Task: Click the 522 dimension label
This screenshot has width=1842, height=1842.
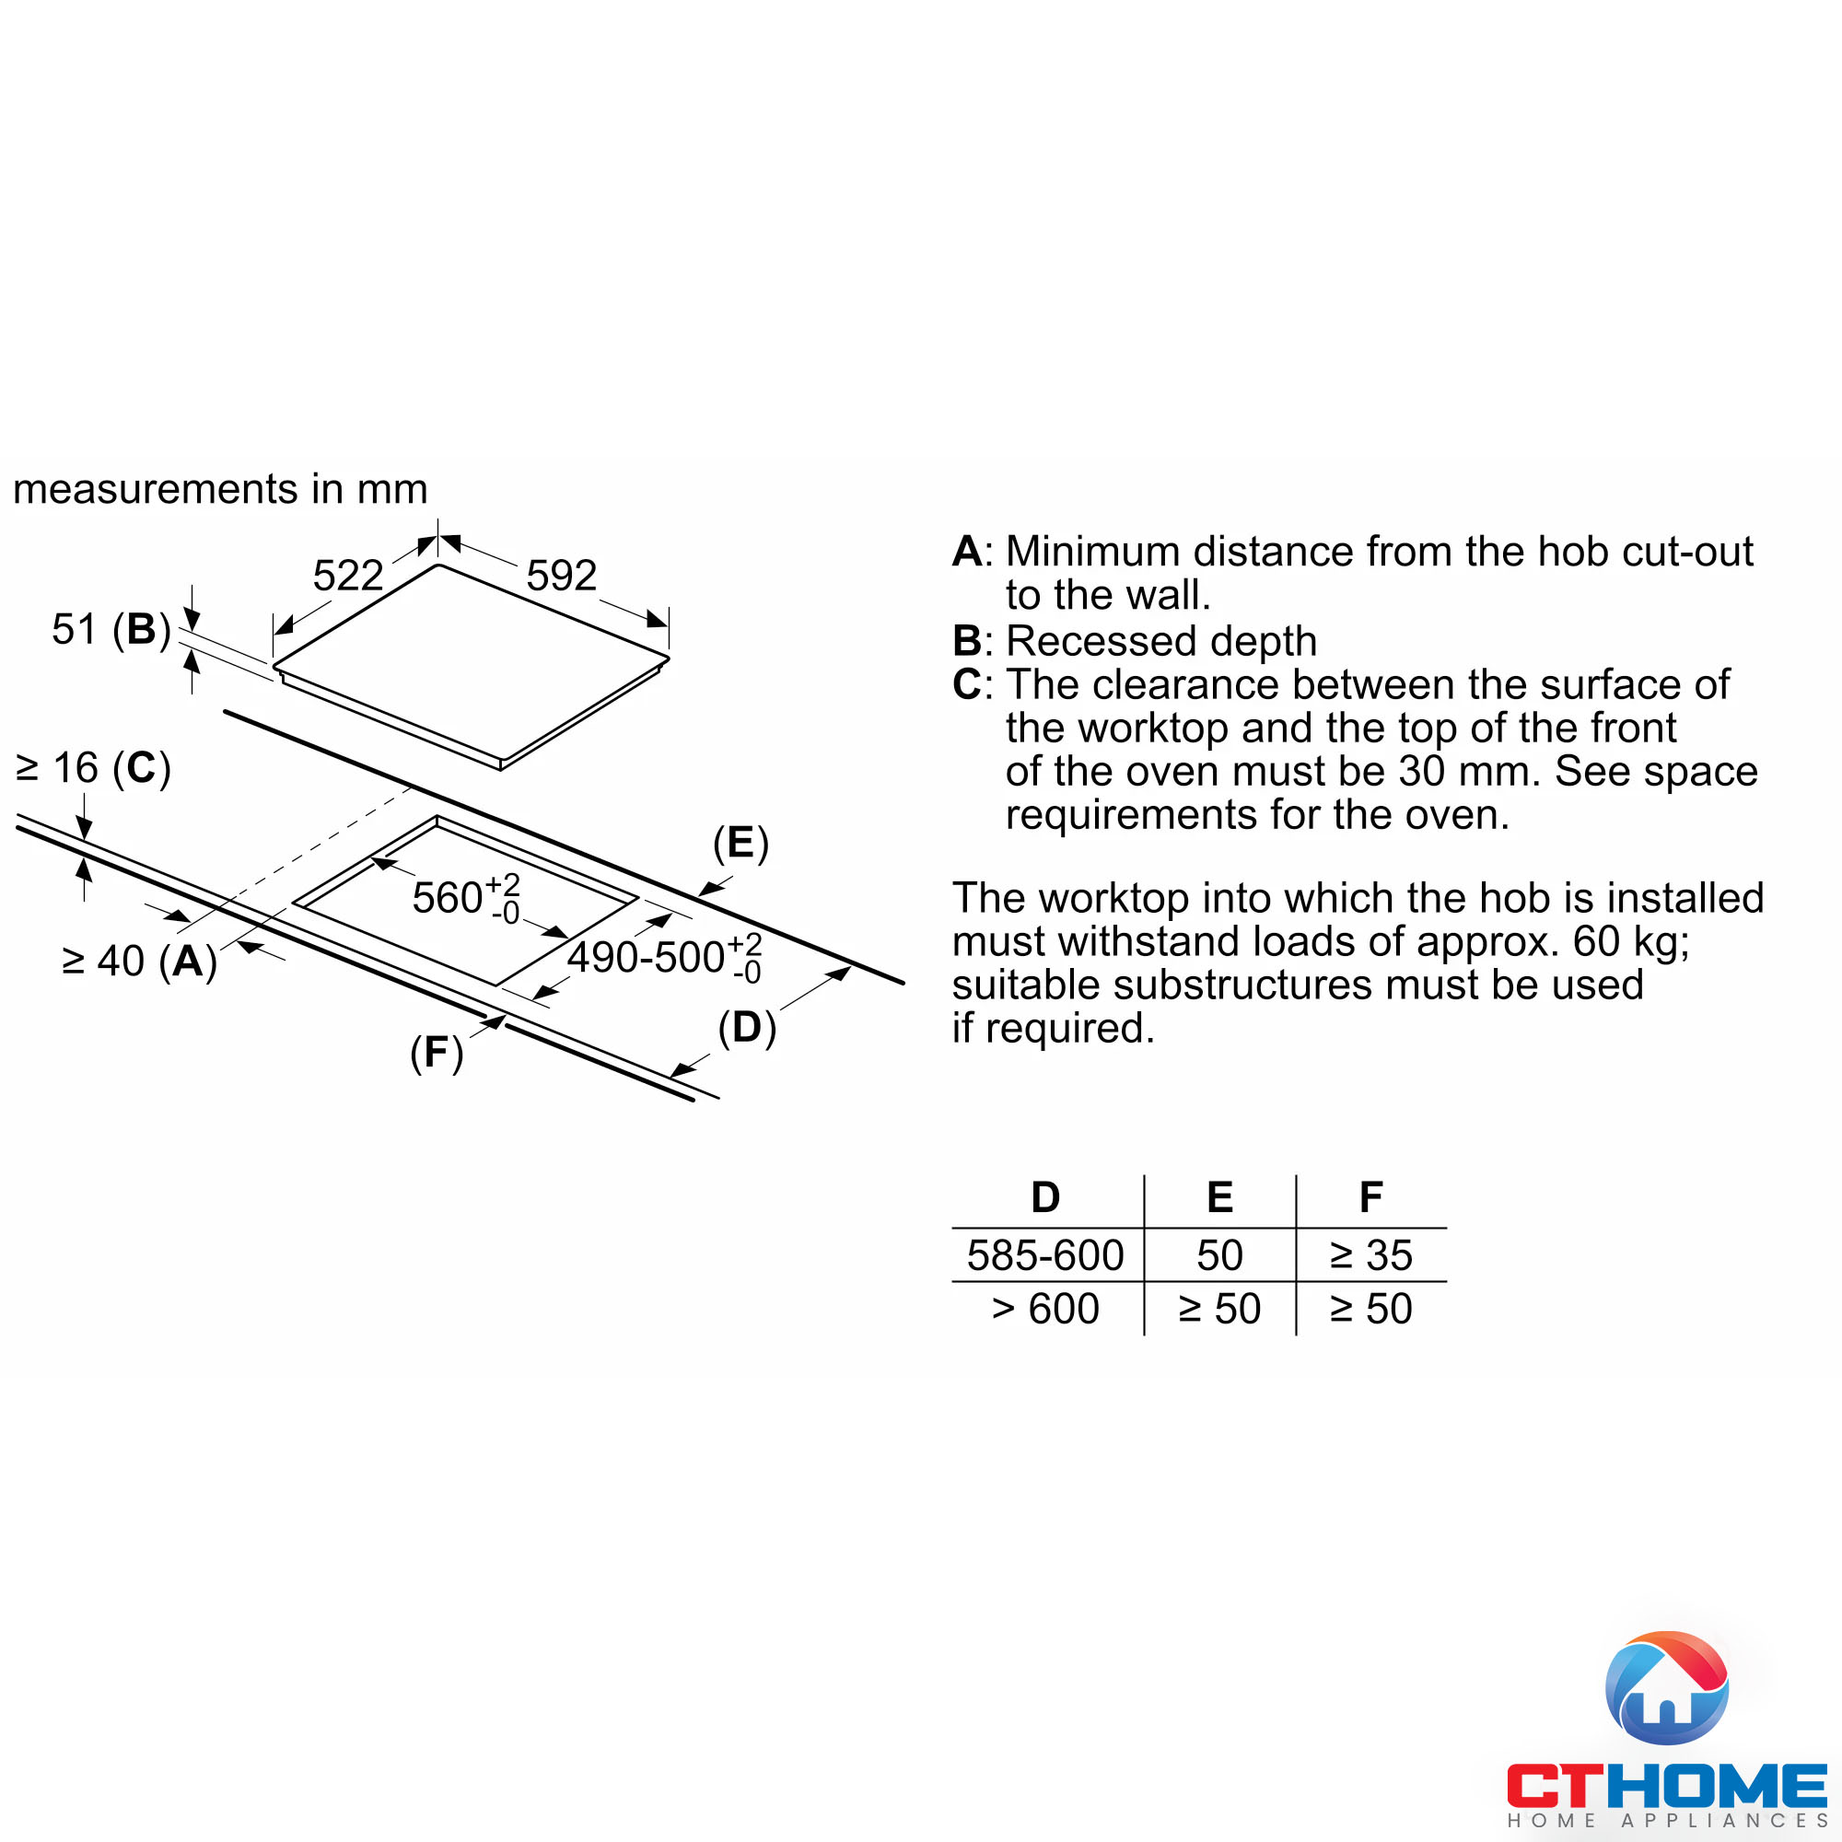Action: pyautogui.click(x=348, y=575)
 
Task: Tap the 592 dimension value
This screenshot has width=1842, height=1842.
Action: pyautogui.click(x=562, y=575)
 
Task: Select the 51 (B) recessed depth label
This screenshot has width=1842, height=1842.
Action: pyautogui.click(x=111, y=629)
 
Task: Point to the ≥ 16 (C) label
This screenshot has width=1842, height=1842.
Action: pyautogui.click(x=93, y=767)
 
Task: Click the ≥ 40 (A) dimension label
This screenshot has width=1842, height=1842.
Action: pyautogui.click(x=139, y=960)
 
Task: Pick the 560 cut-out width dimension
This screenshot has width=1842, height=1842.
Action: pyautogui.click(x=466, y=898)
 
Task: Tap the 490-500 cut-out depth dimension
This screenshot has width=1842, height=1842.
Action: pyautogui.click(x=665, y=957)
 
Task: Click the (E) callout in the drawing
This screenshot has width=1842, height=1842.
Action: pyautogui.click(x=740, y=843)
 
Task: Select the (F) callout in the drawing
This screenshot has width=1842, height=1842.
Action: pyautogui.click(x=437, y=1053)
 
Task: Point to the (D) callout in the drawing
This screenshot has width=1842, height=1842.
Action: pyautogui.click(x=748, y=1028)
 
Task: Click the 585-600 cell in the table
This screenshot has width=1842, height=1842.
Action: pyautogui.click(x=1045, y=1254)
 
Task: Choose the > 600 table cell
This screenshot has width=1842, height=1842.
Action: pyautogui.click(x=1045, y=1308)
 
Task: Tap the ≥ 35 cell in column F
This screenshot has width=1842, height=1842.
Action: pyautogui.click(x=1371, y=1254)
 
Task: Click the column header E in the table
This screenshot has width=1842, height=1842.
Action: pyautogui.click(x=1219, y=1196)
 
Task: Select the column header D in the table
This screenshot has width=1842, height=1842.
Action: pyautogui.click(x=1046, y=1196)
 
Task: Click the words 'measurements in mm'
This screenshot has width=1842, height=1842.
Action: pyautogui.click(x=220, y=489)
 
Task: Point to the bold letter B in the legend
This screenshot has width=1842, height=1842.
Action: pyautogui.click(x=966, y=641)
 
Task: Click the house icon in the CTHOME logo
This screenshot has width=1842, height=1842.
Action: pyautogui.click(x=1667, y=1687)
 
